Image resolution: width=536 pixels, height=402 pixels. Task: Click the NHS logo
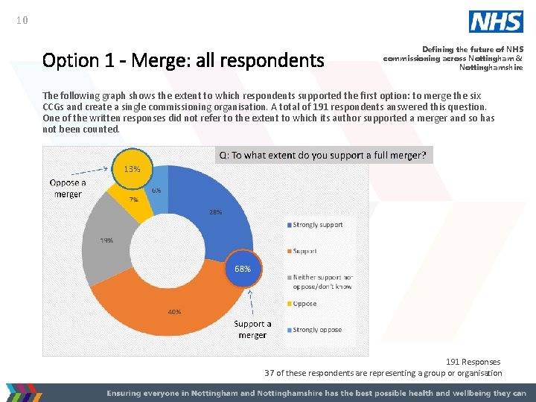pyautogui.click(x=496, y=22)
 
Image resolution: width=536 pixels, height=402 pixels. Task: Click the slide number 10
pyautogui.click(x=22, y=21)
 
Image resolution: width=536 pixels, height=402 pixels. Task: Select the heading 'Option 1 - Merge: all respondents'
pyautogui.click(x=183, y=60)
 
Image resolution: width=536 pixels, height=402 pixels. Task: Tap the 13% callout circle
pyautogui.click(x=133, y=169)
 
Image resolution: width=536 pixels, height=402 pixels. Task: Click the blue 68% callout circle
pyautogui.click(x=243, y=268)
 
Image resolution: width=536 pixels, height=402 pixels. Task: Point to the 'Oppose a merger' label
pyautogui.click(x=68, y=188)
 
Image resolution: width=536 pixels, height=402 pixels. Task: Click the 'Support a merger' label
pyautogui.click(x=252, y=329)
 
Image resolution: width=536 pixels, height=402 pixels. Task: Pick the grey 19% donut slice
pyautogui.click(x=112, y=238)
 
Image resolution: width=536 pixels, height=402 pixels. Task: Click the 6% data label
pyautogui.click(x=156, y=191)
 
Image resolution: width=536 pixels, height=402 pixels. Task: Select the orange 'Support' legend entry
pyautogui.click(x=305, y=251)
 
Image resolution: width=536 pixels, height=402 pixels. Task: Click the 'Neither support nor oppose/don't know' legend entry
pyautogui.click(x=322, y=282)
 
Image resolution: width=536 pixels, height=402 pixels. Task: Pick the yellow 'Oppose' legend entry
pyautogui.click(x=304, y=304)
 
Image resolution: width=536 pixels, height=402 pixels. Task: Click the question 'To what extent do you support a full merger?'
pyautogui.click(x=323, y=155)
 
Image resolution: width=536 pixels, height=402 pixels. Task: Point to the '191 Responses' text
pyautogui.click(x=473, y=362)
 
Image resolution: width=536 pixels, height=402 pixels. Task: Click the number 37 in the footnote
pyautogui.click(x=271, y=373)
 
